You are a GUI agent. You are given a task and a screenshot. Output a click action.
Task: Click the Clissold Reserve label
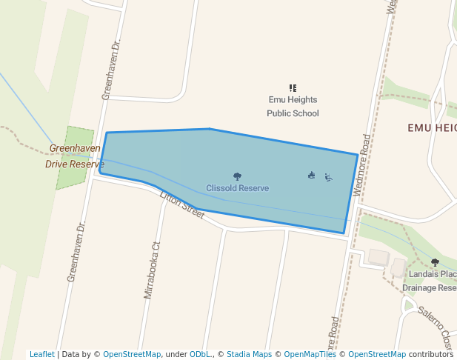pos(237,188)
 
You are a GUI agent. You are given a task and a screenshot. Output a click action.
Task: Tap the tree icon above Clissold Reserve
pos(237,176)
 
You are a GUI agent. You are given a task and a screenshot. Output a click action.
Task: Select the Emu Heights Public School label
pos(293,107)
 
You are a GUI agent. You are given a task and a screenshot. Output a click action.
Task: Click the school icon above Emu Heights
pos(293,88)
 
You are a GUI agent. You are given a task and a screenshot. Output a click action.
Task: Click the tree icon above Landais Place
pos(435,262)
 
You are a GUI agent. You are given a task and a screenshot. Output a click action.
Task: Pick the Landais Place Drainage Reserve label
pos(430,281)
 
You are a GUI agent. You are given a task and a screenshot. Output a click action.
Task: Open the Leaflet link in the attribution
pos(41,354)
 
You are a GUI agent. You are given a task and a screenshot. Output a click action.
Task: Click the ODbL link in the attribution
pos(200,354)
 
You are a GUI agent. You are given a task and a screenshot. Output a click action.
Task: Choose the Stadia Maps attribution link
pos(249,354)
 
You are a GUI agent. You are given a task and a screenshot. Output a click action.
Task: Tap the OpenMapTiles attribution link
pos(310,354)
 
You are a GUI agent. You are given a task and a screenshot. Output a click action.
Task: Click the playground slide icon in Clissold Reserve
pos(328,177)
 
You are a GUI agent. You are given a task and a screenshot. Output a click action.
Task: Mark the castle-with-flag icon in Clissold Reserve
pos(312,176)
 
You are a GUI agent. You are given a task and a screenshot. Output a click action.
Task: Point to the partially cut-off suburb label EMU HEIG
pos(432,128)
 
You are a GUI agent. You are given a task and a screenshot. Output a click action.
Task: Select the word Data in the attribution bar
pos(71,354)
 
